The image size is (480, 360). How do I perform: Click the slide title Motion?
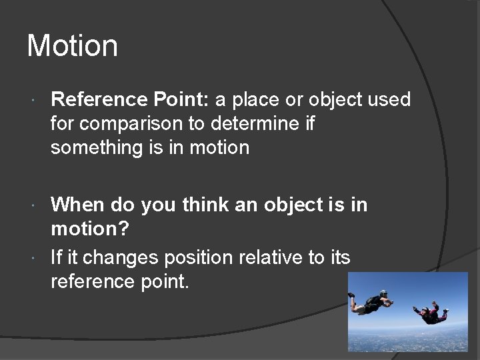(x=72, y=46)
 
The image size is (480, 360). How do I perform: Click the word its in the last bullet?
(x=337, y=257)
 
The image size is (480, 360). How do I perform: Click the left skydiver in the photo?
(x=372, y=301)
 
